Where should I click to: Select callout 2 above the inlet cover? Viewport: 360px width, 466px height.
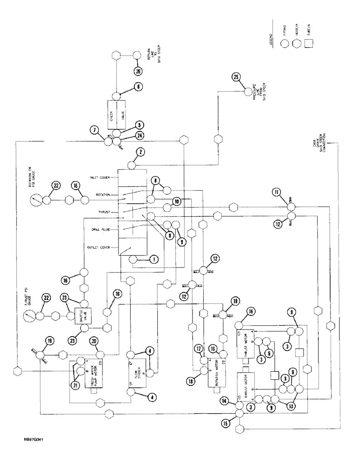[140, 152]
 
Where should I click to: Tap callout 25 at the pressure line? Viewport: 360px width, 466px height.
[236, 77]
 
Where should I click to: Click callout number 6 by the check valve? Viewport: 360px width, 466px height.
[139, 86]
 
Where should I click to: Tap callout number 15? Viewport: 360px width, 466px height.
[226, 423]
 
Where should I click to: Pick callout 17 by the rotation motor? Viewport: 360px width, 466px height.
[199, 348]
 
